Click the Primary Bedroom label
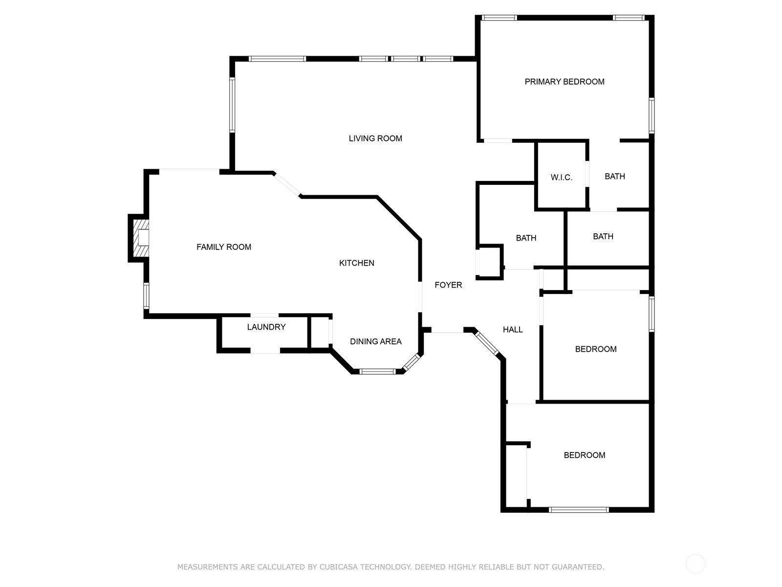click(565, 82)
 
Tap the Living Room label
click(375, 138)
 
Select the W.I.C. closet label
click(561, 178)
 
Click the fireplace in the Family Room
click(140, 238)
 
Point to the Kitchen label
click(357, 263)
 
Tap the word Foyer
click(448, 285)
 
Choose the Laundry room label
click(266, 327)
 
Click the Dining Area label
click(376, 341)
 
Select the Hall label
click(513, 330)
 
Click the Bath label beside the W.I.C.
click(615, 177)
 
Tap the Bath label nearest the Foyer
click(526, 238)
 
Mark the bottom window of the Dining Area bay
click(377, 372)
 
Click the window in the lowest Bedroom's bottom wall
click(579, 510)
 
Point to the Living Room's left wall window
click(232, 105)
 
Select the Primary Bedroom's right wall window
click(652, 115)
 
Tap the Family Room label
click(224, 247)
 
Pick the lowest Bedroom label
click(585, 455)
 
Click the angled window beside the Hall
click(487, 343)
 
